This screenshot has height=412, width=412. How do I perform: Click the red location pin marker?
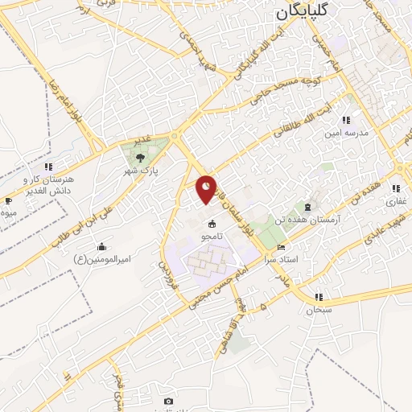pyautogui.click(x=208, y=188)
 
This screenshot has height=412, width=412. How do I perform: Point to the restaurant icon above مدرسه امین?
pyautogui.click(x=347, y=120)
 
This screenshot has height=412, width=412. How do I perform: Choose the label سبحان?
pyautogui.click(x=319, y=310)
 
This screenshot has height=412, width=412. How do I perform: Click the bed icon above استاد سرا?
pyautogui.click(x=280, y=247)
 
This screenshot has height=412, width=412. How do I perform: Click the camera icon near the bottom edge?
pyautogui.click(x=168, y=401)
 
